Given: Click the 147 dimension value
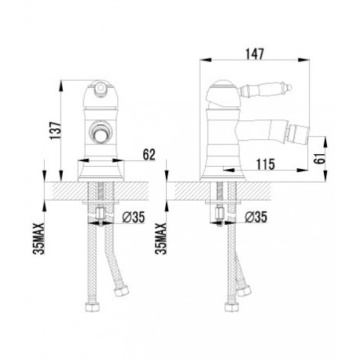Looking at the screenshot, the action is coord(255,54).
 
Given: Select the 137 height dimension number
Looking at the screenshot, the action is coord(56,130).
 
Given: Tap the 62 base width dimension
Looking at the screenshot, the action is coord(149,155).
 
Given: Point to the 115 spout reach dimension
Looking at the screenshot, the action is coord(266,164).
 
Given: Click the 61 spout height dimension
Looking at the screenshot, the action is coord(320,157).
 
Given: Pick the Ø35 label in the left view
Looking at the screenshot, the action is coord(134,217).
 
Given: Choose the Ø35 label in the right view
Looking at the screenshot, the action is coord(256,217).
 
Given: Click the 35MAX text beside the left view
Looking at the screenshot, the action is coord(39,238).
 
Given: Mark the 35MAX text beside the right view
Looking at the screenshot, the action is coord(161,238).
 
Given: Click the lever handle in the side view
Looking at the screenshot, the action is coord(264,90).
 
